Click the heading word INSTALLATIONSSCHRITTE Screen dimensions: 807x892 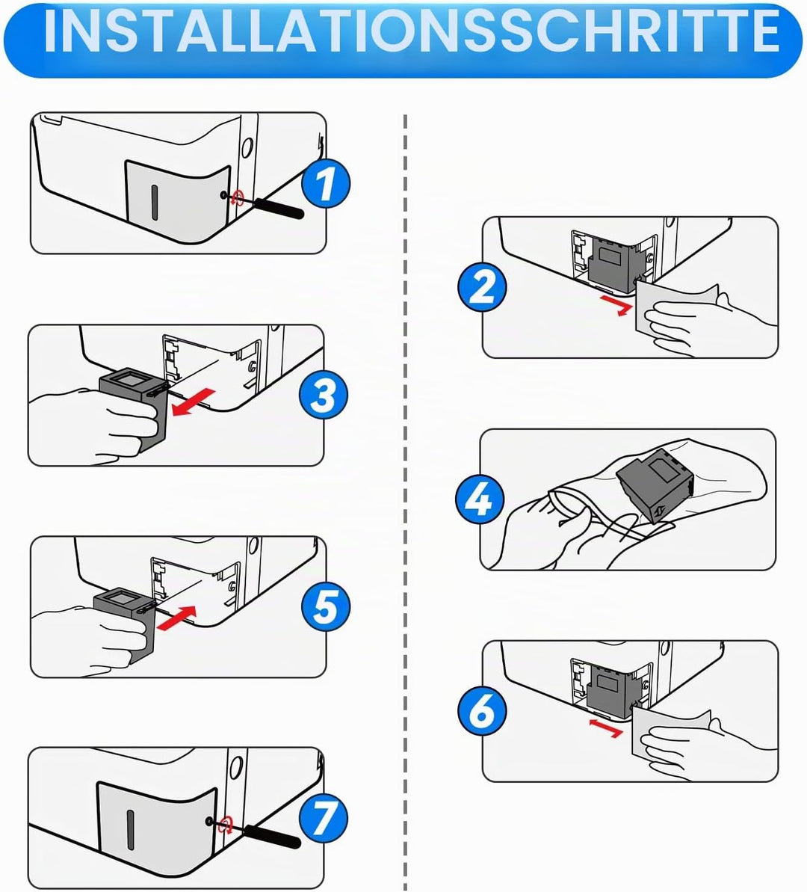tap(411, 31)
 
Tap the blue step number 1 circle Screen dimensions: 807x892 tap(325, 183)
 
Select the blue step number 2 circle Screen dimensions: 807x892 tap(482, 286)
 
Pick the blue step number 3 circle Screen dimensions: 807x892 tap(324, 395)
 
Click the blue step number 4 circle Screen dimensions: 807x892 tap(480, 499)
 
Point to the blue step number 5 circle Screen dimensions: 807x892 tap(325, 606)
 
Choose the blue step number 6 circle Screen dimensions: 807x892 tap(482, 710)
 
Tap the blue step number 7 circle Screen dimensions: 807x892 tap(323, 817)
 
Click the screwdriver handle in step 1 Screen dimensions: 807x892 tap(279, 208)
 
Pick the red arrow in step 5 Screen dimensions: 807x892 tap(176, 618)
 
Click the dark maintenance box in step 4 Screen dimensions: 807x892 tap(656, 485)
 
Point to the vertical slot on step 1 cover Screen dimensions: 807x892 tap(154, 203)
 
